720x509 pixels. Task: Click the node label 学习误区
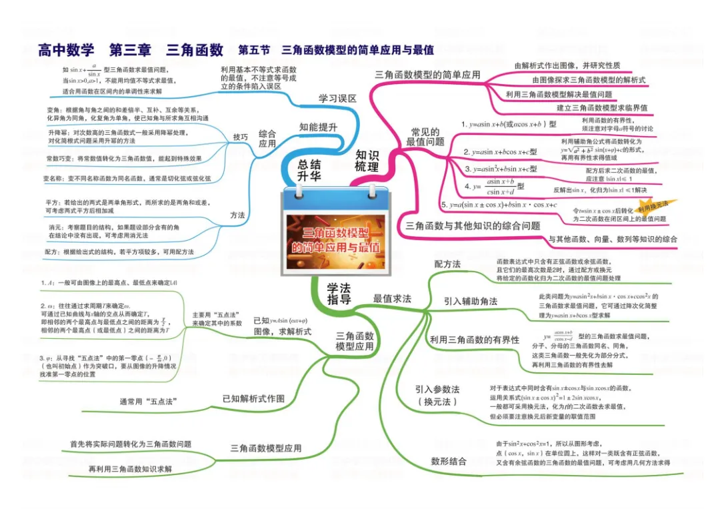[x=337, y=98]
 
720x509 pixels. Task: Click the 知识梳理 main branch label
[x=367, y=161]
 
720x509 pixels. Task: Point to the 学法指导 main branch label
[x=339, y=294]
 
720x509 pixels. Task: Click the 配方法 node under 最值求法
[x=447, y=264]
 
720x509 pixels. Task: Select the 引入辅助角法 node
[x=471, y=301]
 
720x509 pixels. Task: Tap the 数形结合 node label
[x=449, y=461]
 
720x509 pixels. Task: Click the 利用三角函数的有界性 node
[x=475, y=340]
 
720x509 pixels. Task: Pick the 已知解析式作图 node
[x=253, y=398]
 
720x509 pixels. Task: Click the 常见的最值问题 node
[x=425, y=137]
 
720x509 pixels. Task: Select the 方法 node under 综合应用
[x=238, y=215]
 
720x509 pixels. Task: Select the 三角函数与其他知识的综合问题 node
[x=473, y=226]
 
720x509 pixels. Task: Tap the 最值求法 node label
[x=392, y=299]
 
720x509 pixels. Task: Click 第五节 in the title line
[x=253, y=50]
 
